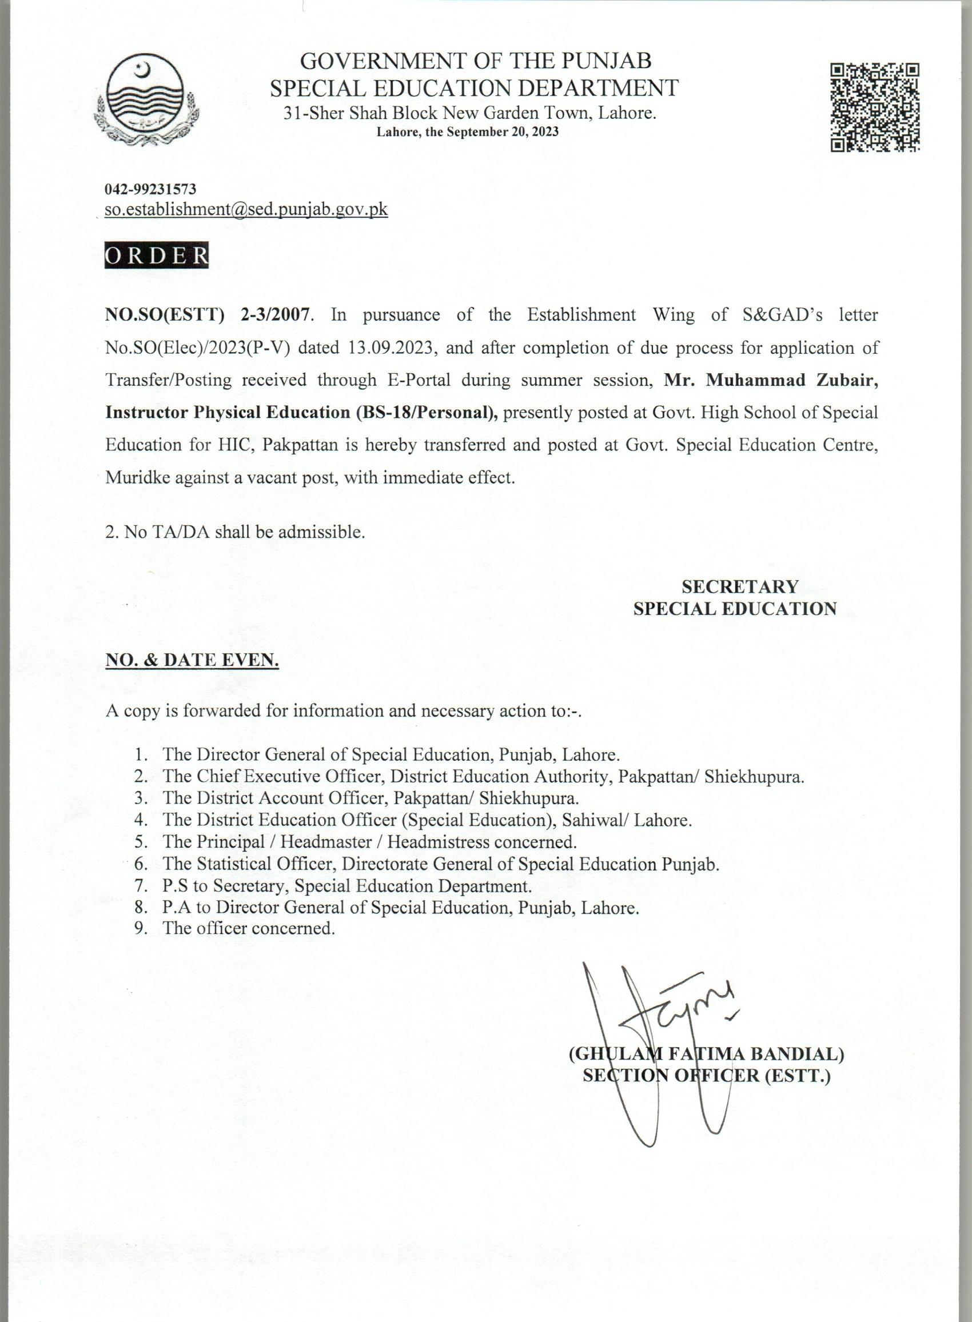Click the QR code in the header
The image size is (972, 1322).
(x=875, y=107)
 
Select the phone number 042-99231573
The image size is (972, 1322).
(x=150, y=189)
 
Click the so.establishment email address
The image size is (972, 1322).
(x=246, y=209)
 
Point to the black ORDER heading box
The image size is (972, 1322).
(x=157, y=256)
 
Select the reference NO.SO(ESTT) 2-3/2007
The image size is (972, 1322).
(x=207, y=314)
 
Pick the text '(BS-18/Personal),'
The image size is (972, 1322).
(x=427, y=412)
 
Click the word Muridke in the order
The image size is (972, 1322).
(x=136, y=477)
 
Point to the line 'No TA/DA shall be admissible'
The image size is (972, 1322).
(x=236, y=532)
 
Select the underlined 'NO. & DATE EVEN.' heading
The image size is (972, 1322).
(x=192, y=660)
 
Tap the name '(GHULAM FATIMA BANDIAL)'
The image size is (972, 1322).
(x=706, y=1054)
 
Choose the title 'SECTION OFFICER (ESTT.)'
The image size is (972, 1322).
(x=706, y=1076)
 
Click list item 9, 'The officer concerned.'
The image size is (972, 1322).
(x=248, y=928)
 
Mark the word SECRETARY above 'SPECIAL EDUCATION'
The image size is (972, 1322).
(x=740, y=586)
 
